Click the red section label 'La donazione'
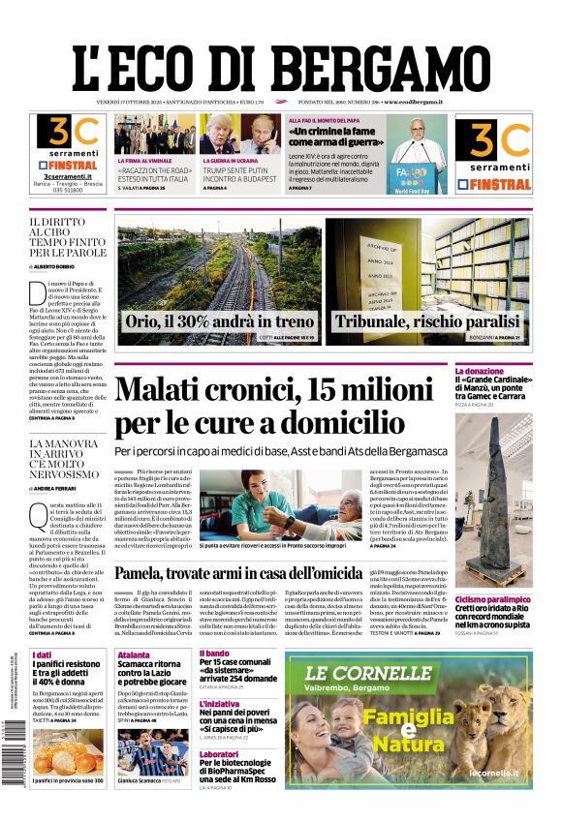coord(506,371)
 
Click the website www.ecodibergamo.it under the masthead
coord(413,102)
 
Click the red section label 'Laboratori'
coord(218,752)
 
